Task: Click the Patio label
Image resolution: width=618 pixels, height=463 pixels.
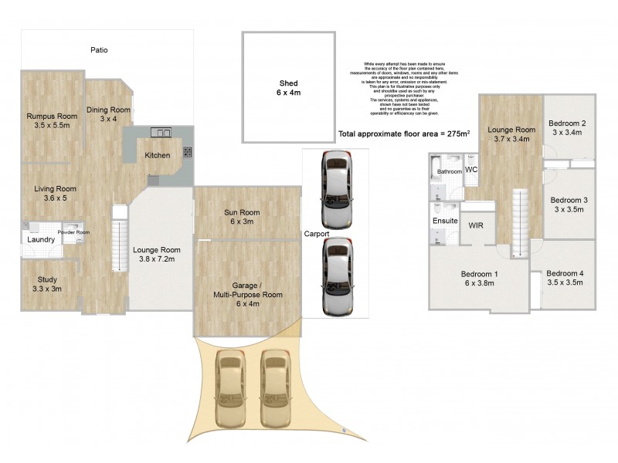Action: click(x=98, y=50)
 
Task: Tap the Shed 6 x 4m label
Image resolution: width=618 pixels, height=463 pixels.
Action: click(x=289, y=87)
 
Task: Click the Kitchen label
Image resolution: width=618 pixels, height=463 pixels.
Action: click(x=158, y=155)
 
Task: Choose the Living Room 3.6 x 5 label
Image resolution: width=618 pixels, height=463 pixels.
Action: click(x=54, y=193)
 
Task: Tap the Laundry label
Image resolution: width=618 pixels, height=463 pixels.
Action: click(x=40, y=240)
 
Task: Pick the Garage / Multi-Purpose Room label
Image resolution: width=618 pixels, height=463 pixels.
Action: click(x=248, y=294)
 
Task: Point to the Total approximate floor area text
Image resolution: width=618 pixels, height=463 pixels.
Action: click(x=404, y=133)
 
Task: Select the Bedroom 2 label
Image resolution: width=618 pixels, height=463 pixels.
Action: click(x=568, y=127)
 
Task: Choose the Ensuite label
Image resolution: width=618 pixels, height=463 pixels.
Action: click(x=445, y=221)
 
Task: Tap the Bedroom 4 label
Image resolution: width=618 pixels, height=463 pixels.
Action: click(x=566, y=278)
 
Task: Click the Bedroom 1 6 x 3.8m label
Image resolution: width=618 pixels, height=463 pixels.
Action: click(x=479, y=279)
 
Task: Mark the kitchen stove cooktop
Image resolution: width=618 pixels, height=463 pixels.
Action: click(x=187, y=153)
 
